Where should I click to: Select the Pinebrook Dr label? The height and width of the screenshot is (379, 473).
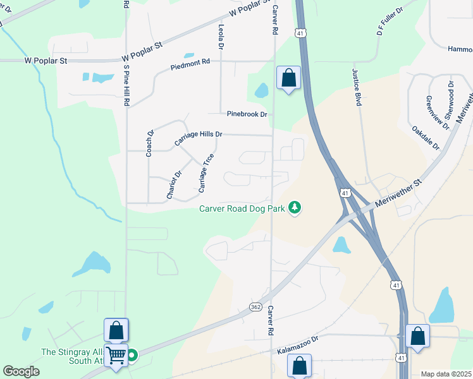click(x=247, y=114)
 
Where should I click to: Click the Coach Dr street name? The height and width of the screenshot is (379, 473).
click(x=150, y=143)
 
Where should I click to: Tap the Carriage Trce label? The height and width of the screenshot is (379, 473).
click(x=207, y=172)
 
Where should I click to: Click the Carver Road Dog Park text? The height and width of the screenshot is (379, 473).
click(x=242, y=208)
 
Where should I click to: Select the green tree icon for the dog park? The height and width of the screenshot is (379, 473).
click(x=294, y=207)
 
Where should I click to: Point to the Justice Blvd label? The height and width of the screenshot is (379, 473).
click(x=357, y=87)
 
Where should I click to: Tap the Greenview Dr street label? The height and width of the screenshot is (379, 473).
click(x=438, y=113)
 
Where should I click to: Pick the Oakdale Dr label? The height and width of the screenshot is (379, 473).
click(x=425, y=137)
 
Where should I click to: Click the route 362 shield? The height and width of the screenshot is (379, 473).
click(x=255, y=307)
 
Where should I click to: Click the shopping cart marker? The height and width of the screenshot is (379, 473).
click(x=116, y=355)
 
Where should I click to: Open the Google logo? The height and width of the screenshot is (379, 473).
click(x=21, y=371)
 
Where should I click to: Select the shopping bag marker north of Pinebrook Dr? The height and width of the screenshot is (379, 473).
click(x=288, y=79)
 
